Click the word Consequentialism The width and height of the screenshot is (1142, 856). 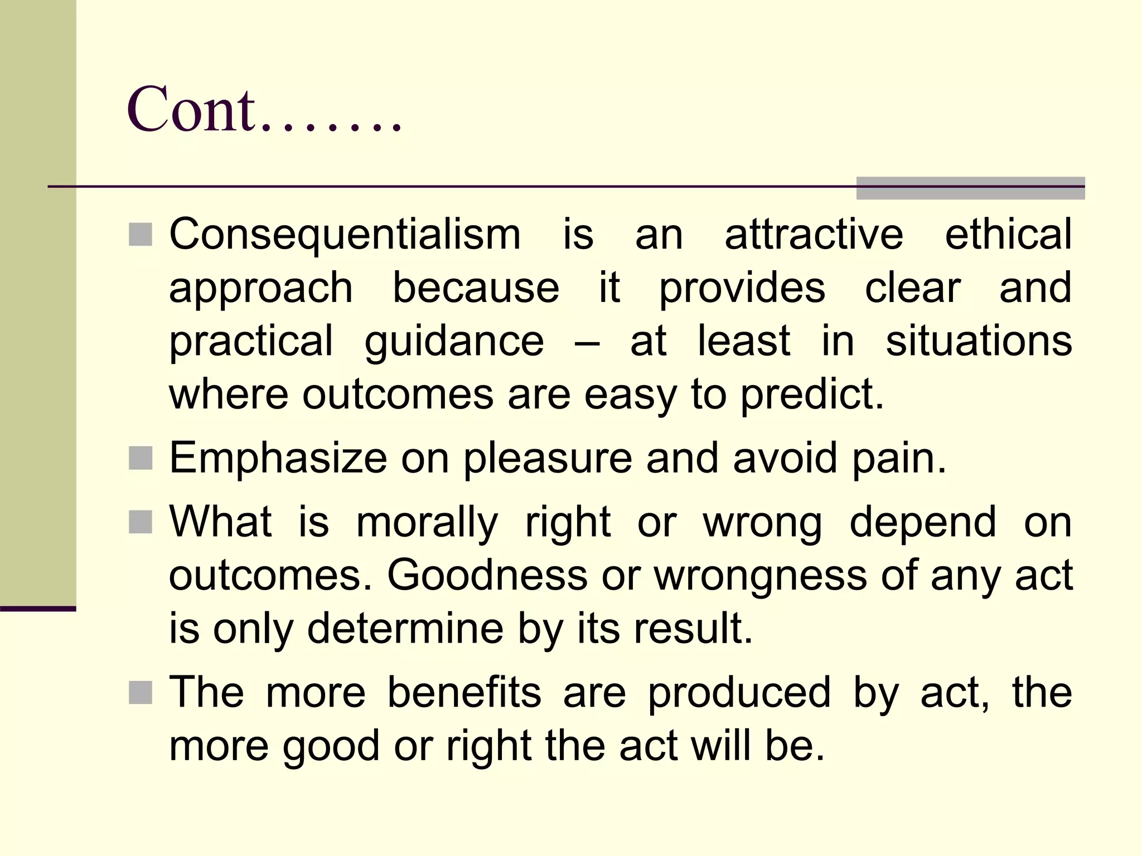click(x=345, y=234)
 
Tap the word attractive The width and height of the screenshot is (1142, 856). click(x=814, y=234)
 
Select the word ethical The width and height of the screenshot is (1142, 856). click(x=1008, y=234)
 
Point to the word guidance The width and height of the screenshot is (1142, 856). click(x=454, y=342)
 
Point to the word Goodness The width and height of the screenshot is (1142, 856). click(x=487, y=575)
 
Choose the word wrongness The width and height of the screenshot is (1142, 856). click(x=760, y=575)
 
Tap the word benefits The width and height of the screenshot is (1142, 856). click(x=464, y=693)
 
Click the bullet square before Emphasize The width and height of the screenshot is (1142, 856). click(x=141, y=459)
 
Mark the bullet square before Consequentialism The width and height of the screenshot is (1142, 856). click(x=141, y=235)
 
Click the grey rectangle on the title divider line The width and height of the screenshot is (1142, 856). click(x=970, y=188)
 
